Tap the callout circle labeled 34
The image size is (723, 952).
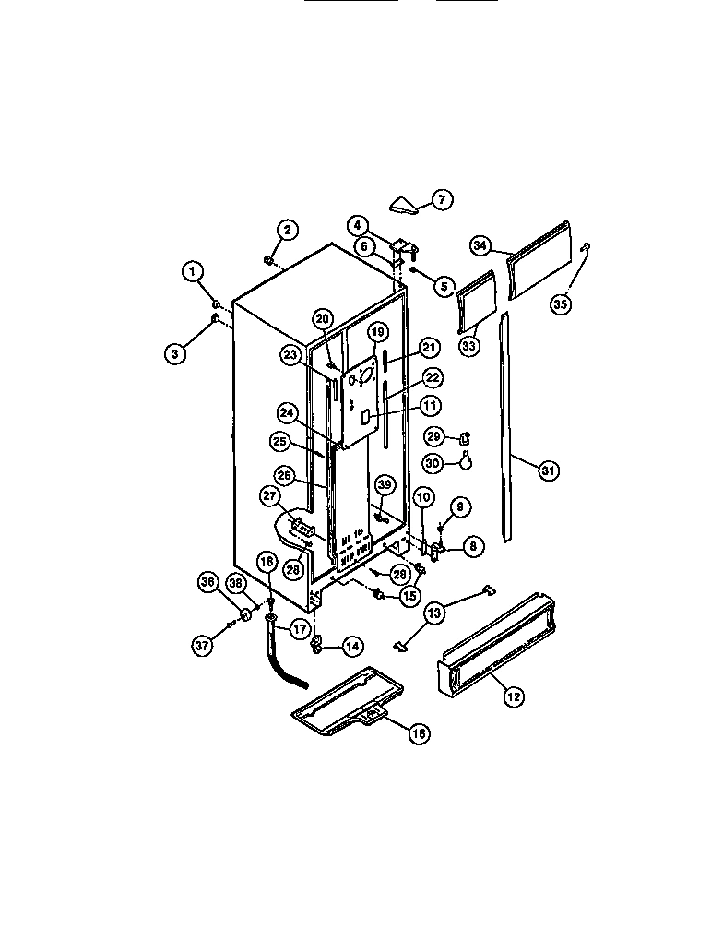[x=480, y=246]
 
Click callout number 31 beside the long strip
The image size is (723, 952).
[x=549, y=470]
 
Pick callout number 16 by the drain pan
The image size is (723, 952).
[x=420, y=733]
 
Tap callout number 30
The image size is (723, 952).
[x=433, y=462]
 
